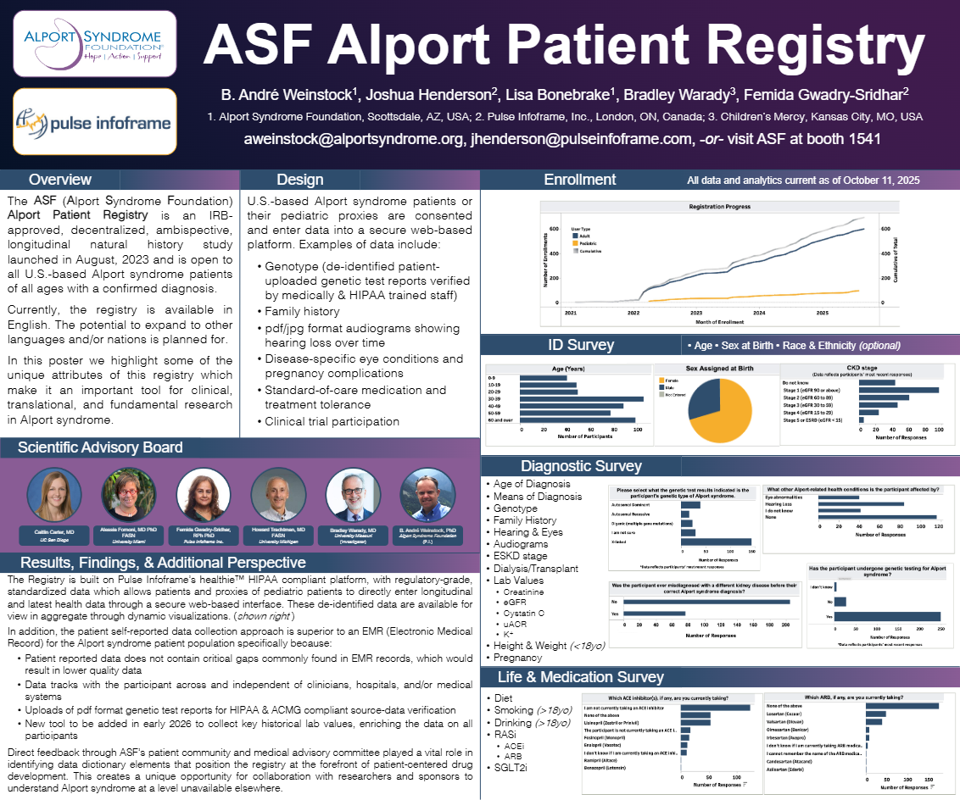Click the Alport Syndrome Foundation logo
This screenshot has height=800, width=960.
[x=95, y=44]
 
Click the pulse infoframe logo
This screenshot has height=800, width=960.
[x=95, y=120]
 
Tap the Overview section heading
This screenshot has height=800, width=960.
[x=60, y=180]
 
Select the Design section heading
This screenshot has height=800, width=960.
[x=299, y=180]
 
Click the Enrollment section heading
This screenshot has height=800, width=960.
[x=580, y=180]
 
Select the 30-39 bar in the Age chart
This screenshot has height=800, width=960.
[x=581, y=398]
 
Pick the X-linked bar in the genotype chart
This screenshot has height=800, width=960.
[x=715, y=542]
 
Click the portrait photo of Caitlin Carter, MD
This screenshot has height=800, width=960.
[x=53, y=494]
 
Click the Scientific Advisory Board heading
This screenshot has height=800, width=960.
[x=100, y=447]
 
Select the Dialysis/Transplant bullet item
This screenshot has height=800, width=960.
[x=535, y=569]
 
